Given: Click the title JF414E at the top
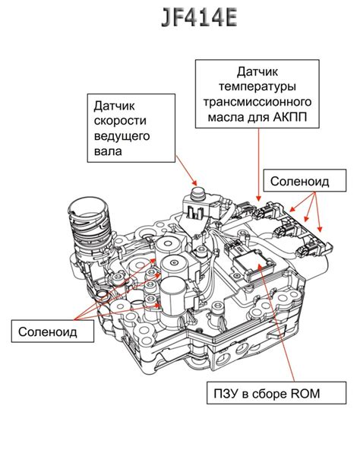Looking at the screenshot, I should point(179,19).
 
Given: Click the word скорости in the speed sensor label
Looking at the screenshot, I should point(121,121).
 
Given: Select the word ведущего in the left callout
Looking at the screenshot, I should point(122,137).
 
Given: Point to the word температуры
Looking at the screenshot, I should point(258,87).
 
